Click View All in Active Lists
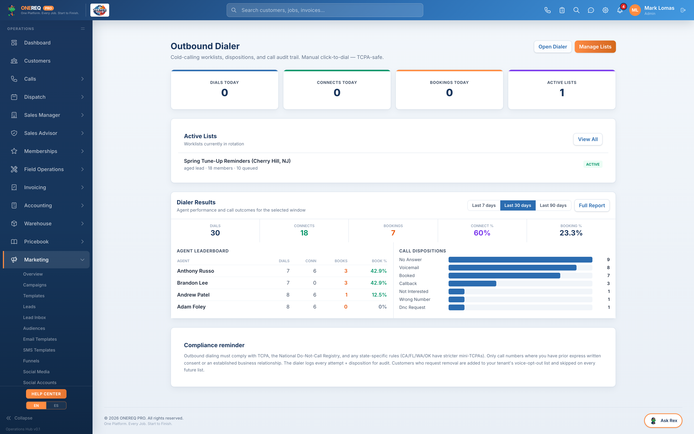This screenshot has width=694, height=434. click(x=588, y=139)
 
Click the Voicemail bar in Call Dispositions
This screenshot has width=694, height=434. click(x=512, y=267)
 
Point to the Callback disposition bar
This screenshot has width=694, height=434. click(x=472, y=284)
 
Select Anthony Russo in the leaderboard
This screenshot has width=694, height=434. click(x=196, y=271)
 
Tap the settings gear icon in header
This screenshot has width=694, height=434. click(x=605, y=10)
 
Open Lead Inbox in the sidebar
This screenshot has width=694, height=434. click(x=34, y=318)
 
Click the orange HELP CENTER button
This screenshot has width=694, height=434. click(x=46, y=394)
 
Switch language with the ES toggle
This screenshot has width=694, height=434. click(x=56, y=406)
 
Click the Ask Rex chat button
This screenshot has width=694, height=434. click(x=663, y=420)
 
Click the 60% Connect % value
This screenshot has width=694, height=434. click(x=482, y=233)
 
